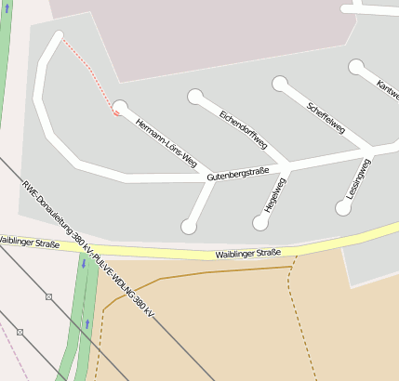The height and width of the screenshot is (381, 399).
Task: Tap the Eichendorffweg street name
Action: (x=244, y=129)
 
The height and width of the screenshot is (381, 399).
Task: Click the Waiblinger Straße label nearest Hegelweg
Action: (x=248, y=253)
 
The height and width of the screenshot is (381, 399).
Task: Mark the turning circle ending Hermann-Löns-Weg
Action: (x=120, y=107)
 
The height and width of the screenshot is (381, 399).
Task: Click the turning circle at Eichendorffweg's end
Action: (x=195, y=96)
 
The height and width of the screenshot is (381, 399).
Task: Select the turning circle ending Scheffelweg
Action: (x=279, y=84)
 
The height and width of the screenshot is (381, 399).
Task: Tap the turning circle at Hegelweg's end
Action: (x=260, y=222)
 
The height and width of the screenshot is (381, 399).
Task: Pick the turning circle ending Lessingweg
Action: (x=343, y=208)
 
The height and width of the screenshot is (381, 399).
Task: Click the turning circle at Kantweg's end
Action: (x=356, y=67)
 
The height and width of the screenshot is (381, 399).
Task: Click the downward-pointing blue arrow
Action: (x=83, y=264)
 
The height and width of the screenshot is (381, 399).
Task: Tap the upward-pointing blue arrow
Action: (x=87, y=323)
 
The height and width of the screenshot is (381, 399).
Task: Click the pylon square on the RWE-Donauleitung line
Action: (x=48, y=297)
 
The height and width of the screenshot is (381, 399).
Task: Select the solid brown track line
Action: (x=205, y=272)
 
